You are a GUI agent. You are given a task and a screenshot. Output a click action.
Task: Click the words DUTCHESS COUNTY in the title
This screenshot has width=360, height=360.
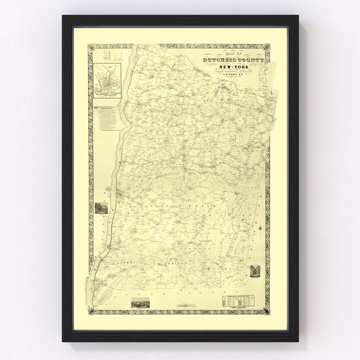234,60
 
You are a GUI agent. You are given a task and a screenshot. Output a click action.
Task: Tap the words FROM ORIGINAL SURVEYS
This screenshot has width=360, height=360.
233,72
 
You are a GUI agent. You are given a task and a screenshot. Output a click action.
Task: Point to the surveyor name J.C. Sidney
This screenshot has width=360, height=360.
234,75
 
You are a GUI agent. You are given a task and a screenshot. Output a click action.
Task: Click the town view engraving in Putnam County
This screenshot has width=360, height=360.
140,302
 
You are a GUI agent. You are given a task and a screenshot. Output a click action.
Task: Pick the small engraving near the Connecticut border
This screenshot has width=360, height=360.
255,270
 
